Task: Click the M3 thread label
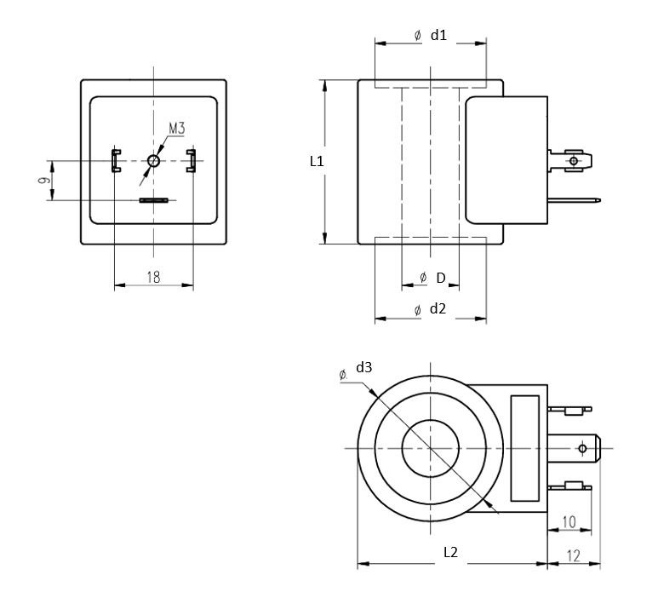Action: point(177,128)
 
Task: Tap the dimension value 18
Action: point(154,276)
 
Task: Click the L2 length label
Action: point(451,552)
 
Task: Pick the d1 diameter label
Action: point(438,35)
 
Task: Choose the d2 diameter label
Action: point(438,308)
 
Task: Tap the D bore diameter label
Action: point(440,278)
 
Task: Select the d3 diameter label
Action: point(364,367)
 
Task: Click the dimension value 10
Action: point(569,520)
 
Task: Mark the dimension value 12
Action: point(573,555)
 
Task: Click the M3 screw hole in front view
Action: point(154,159)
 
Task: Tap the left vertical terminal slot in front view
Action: point(115,159)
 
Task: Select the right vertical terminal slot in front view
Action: point(192,159)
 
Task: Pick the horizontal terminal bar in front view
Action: point(154,200)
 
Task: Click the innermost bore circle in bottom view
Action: point(430,448)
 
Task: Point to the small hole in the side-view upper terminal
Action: point(573,160)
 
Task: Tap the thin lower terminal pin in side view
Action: point(575,201)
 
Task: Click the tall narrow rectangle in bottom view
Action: point(524,448)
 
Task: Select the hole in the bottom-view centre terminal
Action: point(582,448)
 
